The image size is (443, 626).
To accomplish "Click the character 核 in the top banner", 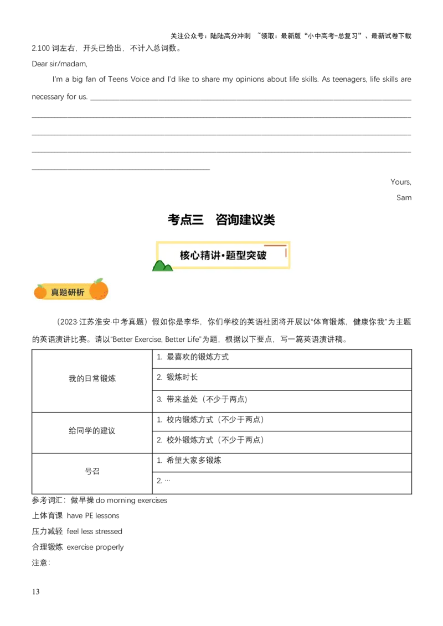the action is click(185, 255).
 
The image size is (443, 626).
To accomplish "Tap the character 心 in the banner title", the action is click(197, 255).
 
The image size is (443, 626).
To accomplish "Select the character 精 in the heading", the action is click(208, 255).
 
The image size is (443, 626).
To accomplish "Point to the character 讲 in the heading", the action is click(220, 255).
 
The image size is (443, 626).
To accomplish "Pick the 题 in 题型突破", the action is click(235, 255).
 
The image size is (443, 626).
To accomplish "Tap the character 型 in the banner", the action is click(246, 255).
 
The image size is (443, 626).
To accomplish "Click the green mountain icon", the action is click(162, 266).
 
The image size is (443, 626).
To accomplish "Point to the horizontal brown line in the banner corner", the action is click(275, 245).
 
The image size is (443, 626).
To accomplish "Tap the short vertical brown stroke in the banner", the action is click(286, 252).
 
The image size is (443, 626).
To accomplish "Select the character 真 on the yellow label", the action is click(55, 292).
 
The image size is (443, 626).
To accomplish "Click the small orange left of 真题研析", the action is click(40, 292).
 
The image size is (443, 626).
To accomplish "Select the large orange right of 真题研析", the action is click(99, 291).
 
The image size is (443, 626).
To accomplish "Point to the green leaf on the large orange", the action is click(99, 281).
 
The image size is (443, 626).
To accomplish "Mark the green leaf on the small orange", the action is click(40, 286).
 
